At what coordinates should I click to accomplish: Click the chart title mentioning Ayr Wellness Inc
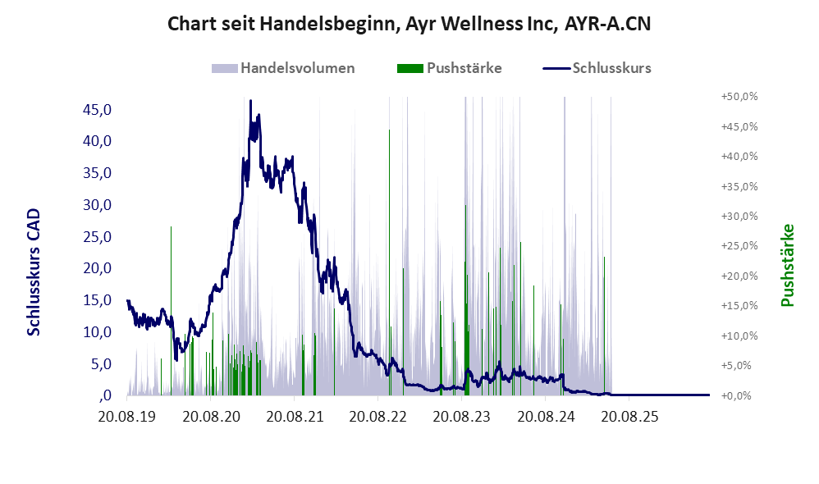(409, 24)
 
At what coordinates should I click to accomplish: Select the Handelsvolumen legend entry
(283, 68)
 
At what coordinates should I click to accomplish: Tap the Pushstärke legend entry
(449, 68)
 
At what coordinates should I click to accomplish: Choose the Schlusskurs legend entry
(597, 68)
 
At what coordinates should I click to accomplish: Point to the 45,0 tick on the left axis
(97, 110)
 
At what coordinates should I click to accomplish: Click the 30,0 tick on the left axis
(97, 205)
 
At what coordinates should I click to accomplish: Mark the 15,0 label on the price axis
(97, 300)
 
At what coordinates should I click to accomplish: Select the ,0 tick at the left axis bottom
(104, 395)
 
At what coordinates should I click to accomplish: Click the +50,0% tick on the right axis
(739, 97)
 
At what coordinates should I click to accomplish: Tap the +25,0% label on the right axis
(739, 246)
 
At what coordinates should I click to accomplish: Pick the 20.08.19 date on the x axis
(126, 417)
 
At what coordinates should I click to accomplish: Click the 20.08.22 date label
(377, 417)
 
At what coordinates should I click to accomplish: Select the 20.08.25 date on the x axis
(629, 417)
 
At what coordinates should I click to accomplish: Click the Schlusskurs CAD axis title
(34, 272)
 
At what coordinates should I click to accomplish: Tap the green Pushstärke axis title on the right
(787, 265)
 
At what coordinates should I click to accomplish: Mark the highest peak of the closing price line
(250, 100)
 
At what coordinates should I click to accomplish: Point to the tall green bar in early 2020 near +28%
(171, 311)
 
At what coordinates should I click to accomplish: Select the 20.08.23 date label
(462, 417)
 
